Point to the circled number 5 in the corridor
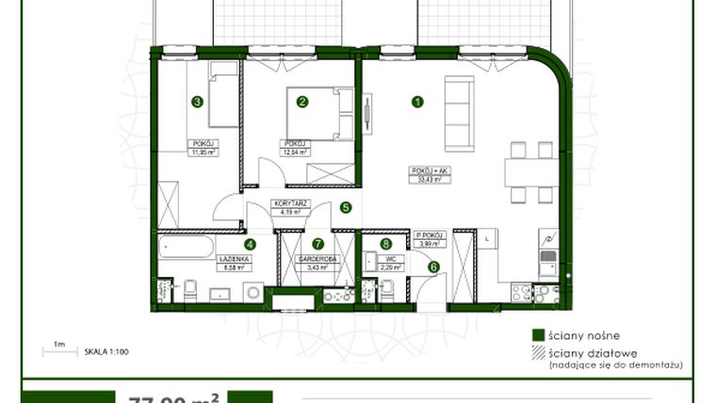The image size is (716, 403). click(346, 208)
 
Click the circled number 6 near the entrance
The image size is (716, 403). click(433, 266)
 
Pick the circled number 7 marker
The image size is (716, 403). click(319, 244)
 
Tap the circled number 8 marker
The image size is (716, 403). click(385, 244)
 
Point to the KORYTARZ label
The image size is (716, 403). click(285, 203)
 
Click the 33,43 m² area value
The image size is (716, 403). click(426, 177)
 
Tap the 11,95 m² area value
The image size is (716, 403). click(201, 151)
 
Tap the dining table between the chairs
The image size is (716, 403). click(531, 172)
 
